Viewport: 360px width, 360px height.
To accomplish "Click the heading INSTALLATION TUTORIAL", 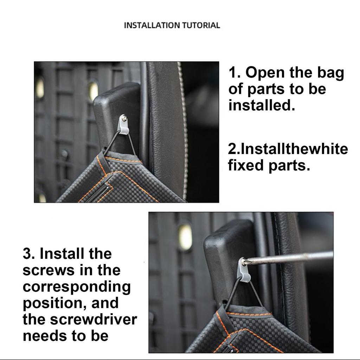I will click(x=172, y=25).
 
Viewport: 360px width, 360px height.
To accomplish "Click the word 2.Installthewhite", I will click(x=288, y=149).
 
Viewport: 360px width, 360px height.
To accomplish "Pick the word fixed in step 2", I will click(x=246, y=165).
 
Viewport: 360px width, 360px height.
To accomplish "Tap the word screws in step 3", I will click(x=48, y=270).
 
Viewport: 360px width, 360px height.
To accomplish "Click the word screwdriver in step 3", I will click(x=91, y=320).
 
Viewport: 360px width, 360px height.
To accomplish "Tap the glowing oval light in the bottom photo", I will click(x=185, y=237).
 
